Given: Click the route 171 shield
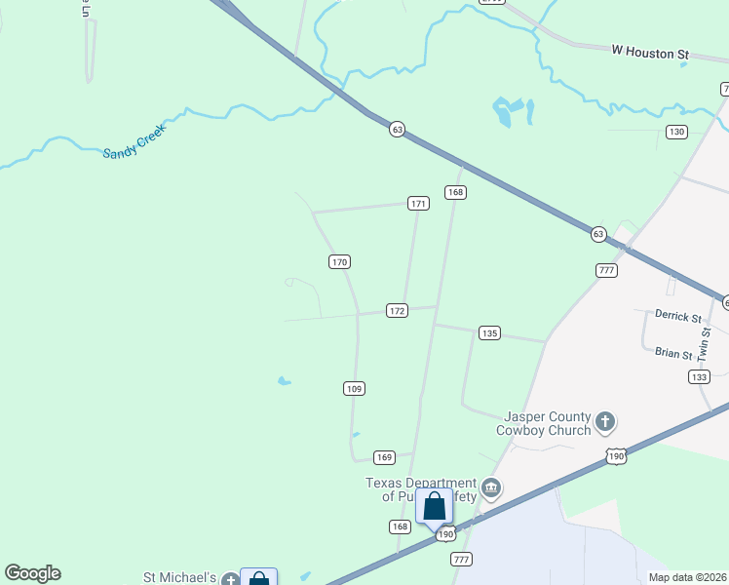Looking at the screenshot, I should coord(419,204).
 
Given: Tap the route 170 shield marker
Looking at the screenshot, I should coord(338,262).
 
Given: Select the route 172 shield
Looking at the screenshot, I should coord(396,310).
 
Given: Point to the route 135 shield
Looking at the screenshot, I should coord(489,333).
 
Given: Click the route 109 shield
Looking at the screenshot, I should coord(354,389).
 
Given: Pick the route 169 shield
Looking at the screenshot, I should coord(384,457).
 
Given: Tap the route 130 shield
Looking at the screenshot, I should coord(676,132).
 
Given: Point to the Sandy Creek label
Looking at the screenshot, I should coord(135,141).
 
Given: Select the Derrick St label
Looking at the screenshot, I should coord(677,317).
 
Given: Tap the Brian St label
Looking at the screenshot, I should coord(672,354).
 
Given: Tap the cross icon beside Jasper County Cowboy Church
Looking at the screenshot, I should coord(605,421).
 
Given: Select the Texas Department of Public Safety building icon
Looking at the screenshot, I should coord(491,487).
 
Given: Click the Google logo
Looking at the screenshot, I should coord(32,573).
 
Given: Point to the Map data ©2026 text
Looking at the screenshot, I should coord(687,577).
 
